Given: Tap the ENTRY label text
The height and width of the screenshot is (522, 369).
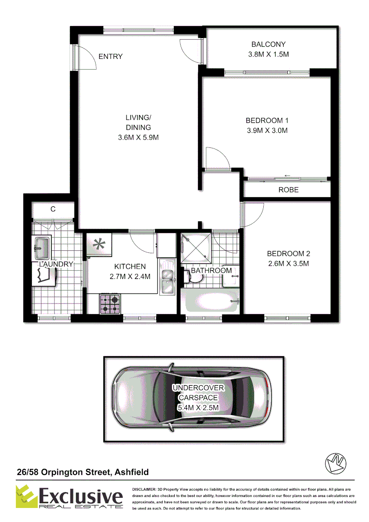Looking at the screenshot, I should (x=111, y=57).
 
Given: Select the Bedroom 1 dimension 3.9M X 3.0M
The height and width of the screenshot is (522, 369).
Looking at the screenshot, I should (x=267, y=130).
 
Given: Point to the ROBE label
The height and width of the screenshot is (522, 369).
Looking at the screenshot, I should (x=288, y=190).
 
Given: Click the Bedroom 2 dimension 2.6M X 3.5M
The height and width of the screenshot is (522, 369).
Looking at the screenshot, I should (x=288, y=263).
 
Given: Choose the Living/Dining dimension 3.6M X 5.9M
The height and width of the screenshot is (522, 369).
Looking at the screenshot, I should (x=139, y=138).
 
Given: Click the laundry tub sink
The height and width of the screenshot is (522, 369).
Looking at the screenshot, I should (x=42, y=248).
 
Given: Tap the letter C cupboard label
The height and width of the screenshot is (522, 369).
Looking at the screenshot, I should (x=53, y=209).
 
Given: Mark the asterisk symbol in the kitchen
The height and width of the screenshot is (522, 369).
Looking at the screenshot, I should (x=100, y=245).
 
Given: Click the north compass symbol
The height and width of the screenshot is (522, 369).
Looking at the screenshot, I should (x=334, y=464).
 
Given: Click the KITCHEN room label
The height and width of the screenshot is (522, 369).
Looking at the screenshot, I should (x=129, y=266).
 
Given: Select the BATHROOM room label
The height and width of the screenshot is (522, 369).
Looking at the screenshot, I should (x=211, y=271).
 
